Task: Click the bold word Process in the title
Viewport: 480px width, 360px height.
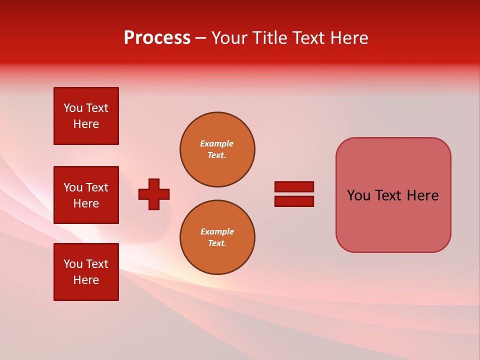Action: click(157, 38)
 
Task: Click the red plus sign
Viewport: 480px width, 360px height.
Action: click(154, 194)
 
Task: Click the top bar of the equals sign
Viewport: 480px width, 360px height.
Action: click(294, 186)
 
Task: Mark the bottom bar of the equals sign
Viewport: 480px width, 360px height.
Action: click(294, 201)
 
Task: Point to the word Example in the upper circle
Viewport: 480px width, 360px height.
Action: click(217, 143)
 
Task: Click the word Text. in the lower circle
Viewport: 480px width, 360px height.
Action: click(217, 243)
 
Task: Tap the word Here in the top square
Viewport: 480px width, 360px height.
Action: click(86, 124)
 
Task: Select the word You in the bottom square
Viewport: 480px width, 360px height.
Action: click(73, 264)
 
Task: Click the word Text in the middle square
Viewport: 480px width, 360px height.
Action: click(97, 187)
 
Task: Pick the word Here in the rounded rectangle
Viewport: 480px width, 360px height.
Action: click(422, 195)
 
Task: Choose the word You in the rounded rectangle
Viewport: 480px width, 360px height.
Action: click(359, 195)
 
